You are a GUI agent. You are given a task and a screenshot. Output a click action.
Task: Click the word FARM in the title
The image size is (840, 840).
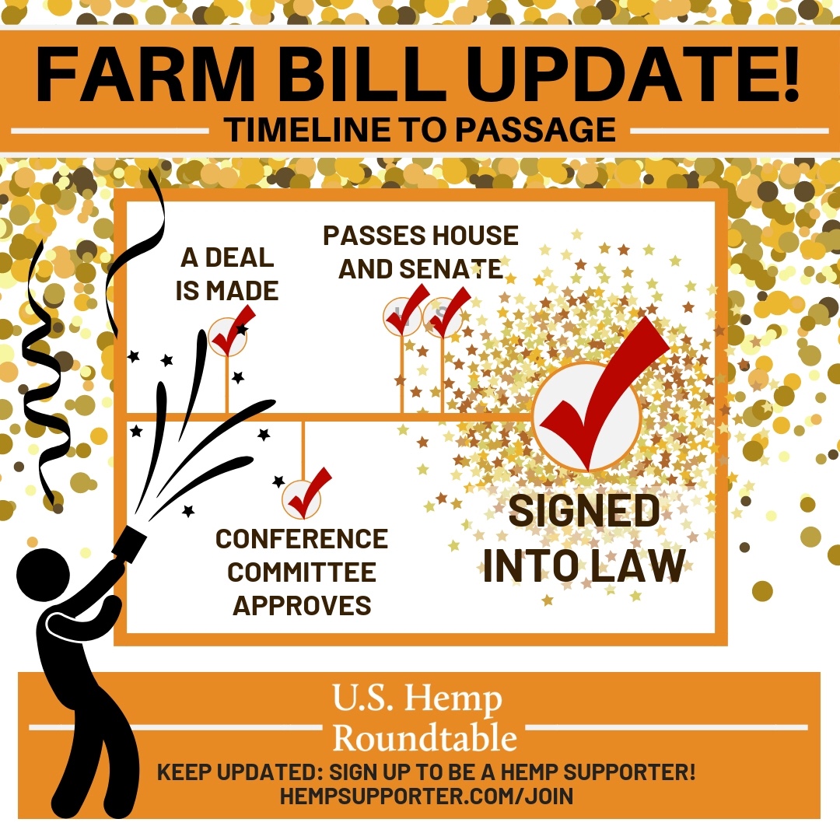tap(145, 74)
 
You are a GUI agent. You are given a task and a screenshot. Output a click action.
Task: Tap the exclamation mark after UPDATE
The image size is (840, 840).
tap(788, 74)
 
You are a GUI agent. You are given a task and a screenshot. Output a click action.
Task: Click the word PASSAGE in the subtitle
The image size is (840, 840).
tap(536, 130)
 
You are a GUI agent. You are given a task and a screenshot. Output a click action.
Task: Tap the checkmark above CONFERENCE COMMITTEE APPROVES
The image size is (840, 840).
tap(307, 493)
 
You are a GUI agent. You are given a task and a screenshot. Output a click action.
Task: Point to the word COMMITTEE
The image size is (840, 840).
tap(302, 572)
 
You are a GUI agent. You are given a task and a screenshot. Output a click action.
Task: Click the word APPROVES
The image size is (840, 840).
tap(302, 605)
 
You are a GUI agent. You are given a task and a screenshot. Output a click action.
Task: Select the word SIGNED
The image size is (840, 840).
tap(584, 510)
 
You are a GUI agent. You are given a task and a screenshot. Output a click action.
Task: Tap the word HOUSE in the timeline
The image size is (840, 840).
tap(475, 236)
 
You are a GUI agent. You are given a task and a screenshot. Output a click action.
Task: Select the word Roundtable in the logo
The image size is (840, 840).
tap(425, 738)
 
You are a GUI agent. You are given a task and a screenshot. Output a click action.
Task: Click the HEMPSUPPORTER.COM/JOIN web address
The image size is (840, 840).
tap(426, 796)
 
